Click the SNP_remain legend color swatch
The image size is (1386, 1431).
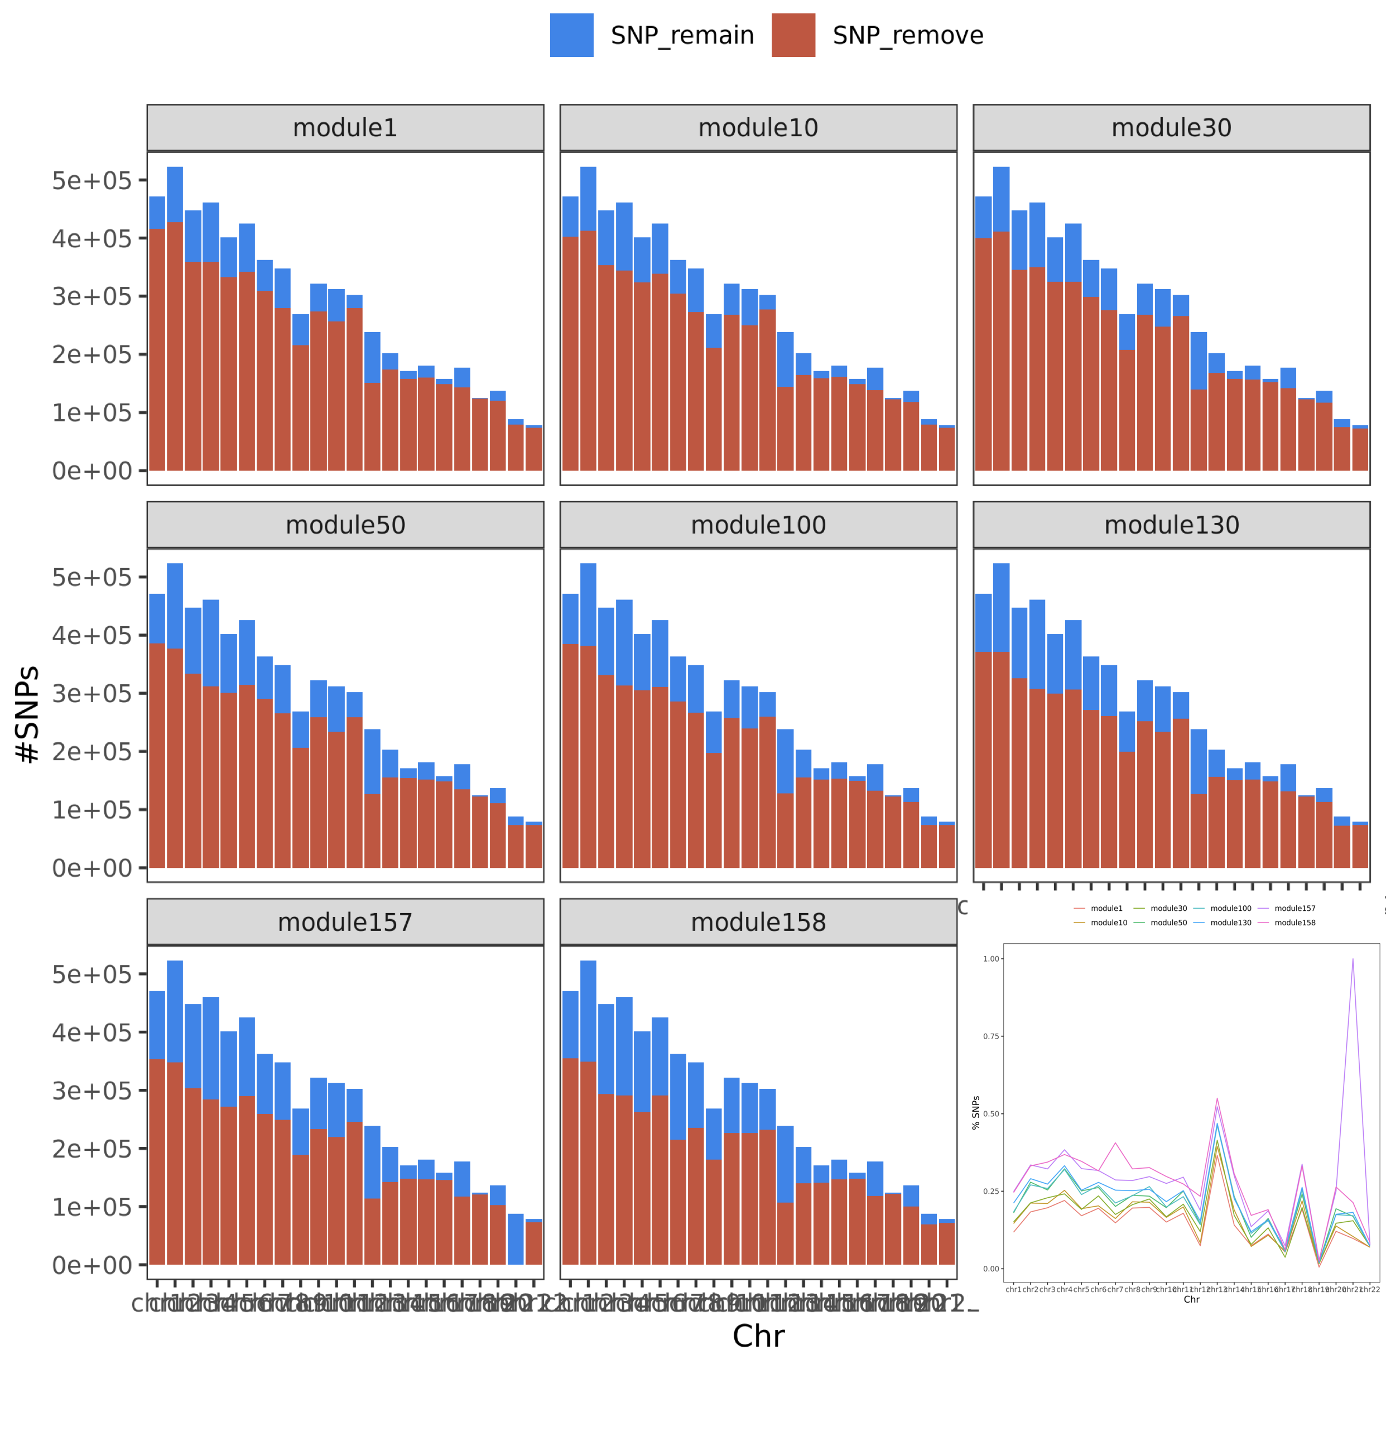click(x=571, y=35)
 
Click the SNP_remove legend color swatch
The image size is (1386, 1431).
click(x=793, y=35)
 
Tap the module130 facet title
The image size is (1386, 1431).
click(x=1171, y=525)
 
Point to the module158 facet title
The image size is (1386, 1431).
click(x=758, y=922)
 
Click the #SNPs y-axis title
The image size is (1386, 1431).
click(x=28, y=714)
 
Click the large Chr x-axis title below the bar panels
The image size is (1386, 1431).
click(x=758, y=1336)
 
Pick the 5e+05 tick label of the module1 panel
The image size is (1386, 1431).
click(x=92, y=180)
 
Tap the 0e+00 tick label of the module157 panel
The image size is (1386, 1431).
click(x=92, y=1265)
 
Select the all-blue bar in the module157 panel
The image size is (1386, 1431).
click(x=515, y=1240)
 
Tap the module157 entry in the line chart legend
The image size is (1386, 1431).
click(x=1294, y=908)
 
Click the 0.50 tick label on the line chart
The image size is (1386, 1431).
click(x=991, y=1114)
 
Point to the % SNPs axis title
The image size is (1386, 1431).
click(x=976, y=1113)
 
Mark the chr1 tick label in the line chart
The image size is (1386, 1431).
click(x=1013, y=1290)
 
